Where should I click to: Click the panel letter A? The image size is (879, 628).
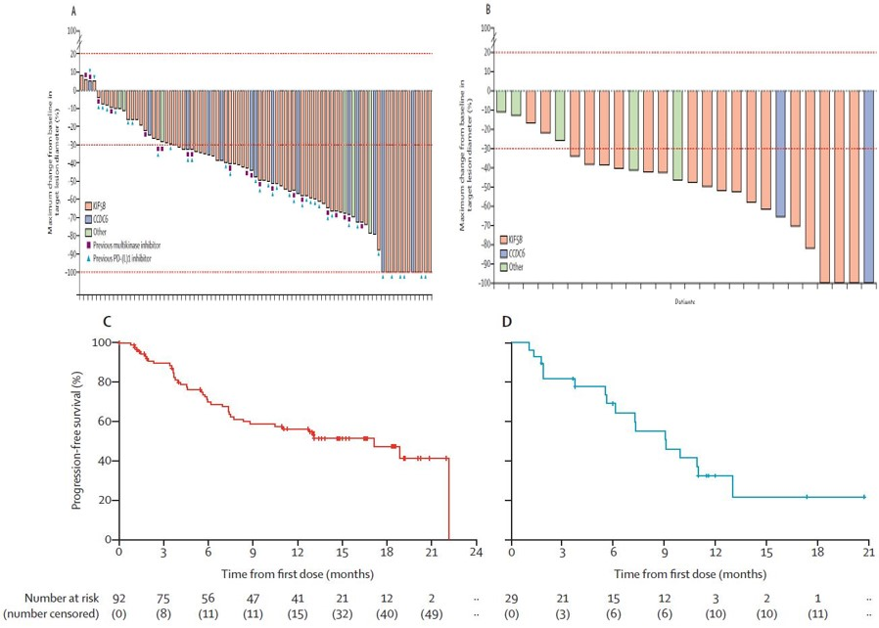[74, 12]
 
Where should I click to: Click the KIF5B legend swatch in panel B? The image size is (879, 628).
[504, 239]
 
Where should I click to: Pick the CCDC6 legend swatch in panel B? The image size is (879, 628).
[504, 252]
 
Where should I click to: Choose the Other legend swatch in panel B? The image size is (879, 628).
[504, 266]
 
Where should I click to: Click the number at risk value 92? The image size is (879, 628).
[118, 596]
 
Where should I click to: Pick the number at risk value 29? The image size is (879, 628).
[512, 596]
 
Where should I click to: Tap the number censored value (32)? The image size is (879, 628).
[343, 614]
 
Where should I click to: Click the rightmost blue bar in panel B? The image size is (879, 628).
[867, 186]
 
